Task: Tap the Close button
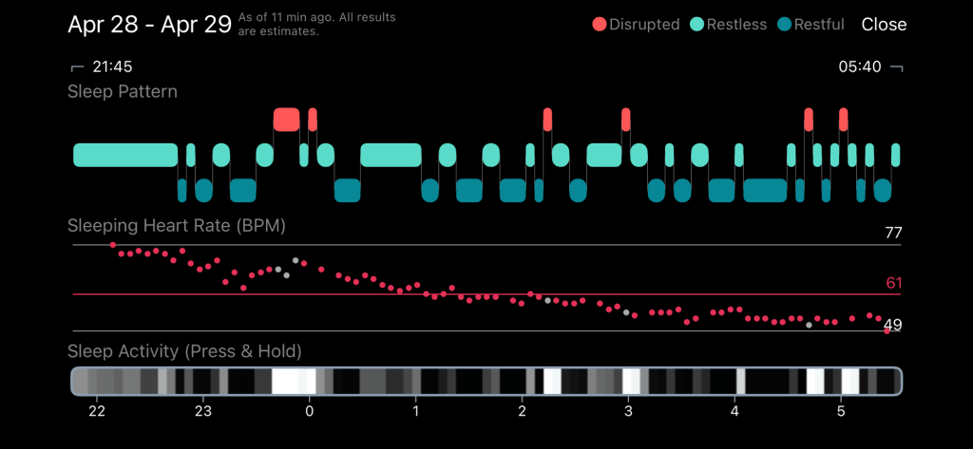[884, 24]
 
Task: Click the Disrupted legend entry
[636, 24]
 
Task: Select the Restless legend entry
[730, 24]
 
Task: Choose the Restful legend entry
[811, 24]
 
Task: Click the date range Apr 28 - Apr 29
[149, 24]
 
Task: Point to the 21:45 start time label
[110, 66]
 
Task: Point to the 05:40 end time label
[859, 66]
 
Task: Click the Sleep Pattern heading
[122, 92]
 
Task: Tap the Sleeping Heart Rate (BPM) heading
[177, 226]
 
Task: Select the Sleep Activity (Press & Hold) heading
[184, 351]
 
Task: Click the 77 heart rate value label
[892, 233]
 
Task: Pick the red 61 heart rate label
[892, 283]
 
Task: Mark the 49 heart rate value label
[892, 325]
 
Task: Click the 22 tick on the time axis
[96, 411]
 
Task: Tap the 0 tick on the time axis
[309, 411]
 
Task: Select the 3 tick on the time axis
[628, 411]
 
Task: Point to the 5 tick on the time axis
[841, 411]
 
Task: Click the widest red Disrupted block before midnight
[286, 119]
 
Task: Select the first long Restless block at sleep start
[125, 155]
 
